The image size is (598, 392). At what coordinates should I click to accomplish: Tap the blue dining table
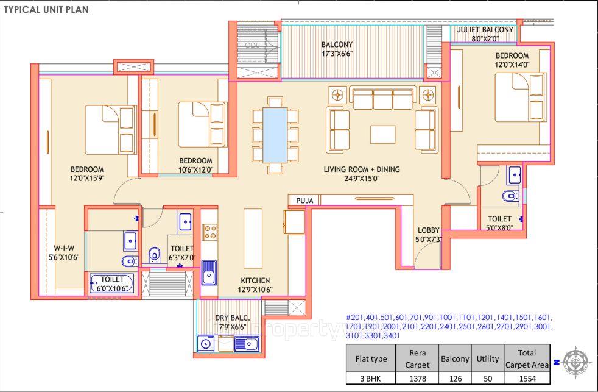(275, 135)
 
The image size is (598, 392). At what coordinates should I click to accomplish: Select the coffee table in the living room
(383, 134)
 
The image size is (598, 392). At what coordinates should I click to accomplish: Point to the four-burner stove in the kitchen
(210, 232)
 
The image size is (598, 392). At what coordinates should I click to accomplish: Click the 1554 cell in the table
(527, 378)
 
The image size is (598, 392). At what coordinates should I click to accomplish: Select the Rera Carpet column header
(417, 358)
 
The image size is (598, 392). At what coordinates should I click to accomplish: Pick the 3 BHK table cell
(370, 378)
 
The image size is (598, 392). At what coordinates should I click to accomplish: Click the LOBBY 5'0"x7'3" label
(428, 234)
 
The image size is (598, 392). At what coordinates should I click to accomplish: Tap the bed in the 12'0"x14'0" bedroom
(519, 97)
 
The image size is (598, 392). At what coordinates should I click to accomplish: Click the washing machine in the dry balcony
(205, 345)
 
